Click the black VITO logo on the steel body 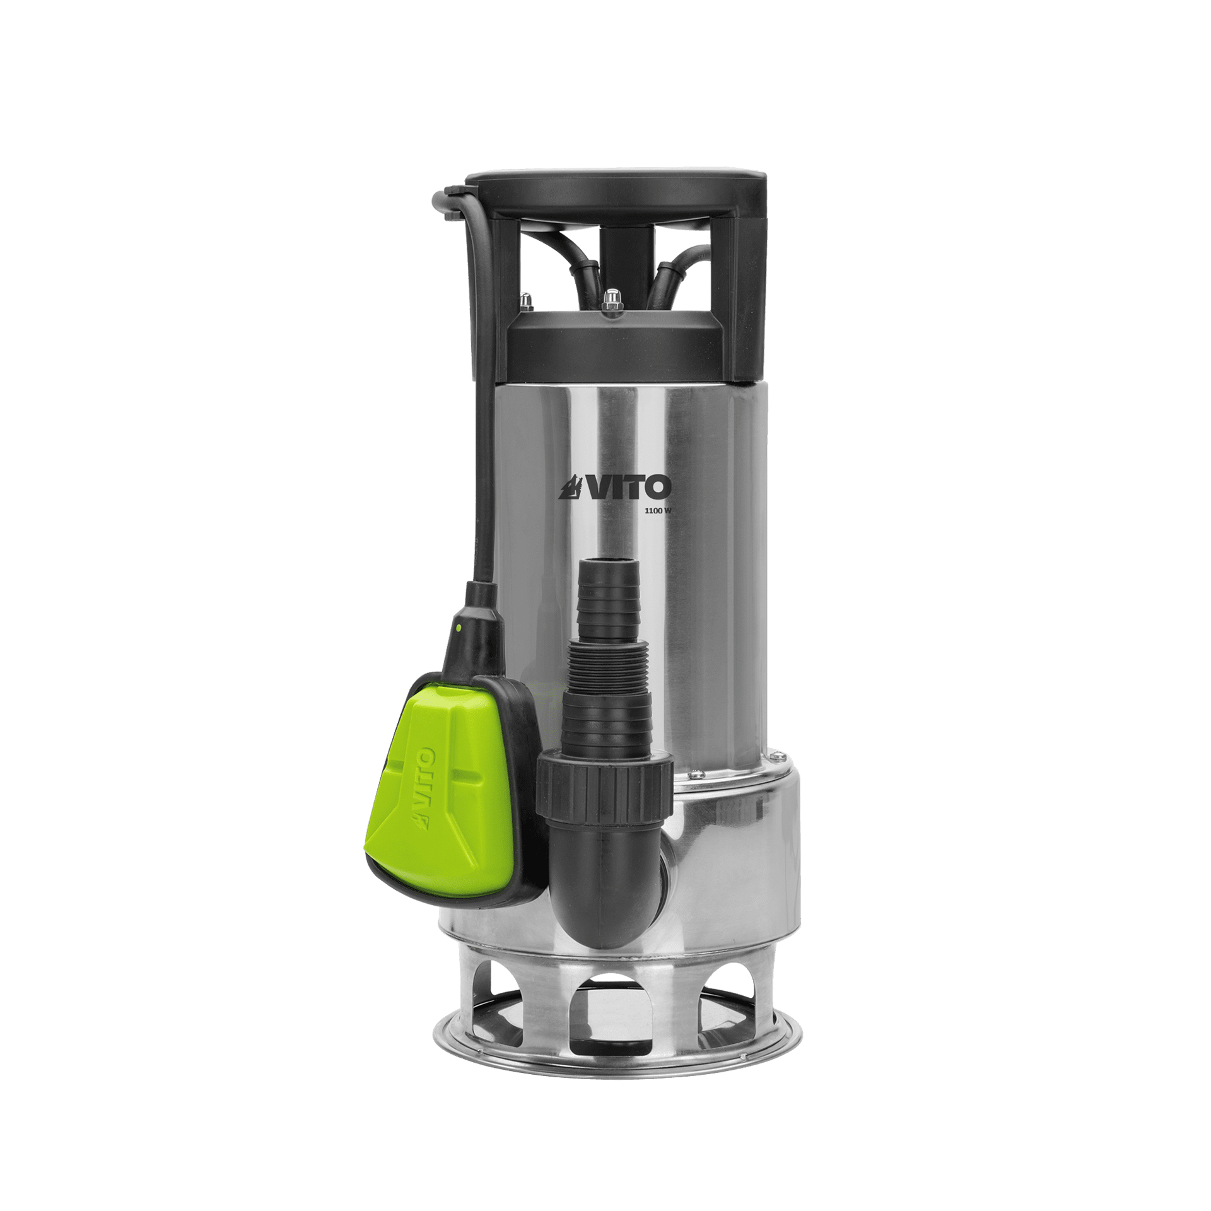pyautogui.click(x=615, y=487)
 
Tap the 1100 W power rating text pyautogui.click(x=658, y=512)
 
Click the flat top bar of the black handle pyautogui.click(x=615, y=182)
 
